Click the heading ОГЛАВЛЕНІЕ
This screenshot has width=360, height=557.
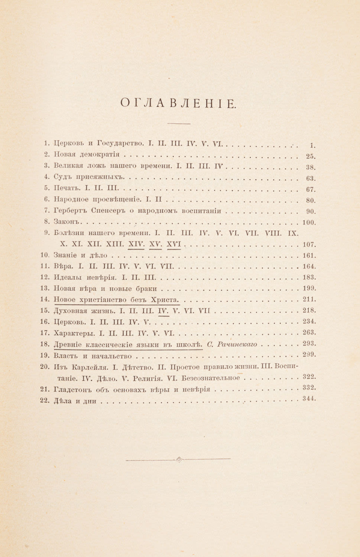[x=178, y=104]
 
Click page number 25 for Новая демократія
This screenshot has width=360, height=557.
[x=310, y=156]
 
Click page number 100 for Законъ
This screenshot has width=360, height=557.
[x=309, y=223]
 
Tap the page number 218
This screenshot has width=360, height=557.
[x=309, y=310]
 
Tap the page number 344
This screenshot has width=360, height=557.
[x=309, y=398]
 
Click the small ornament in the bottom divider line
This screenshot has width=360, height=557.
[x=179, y=459]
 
